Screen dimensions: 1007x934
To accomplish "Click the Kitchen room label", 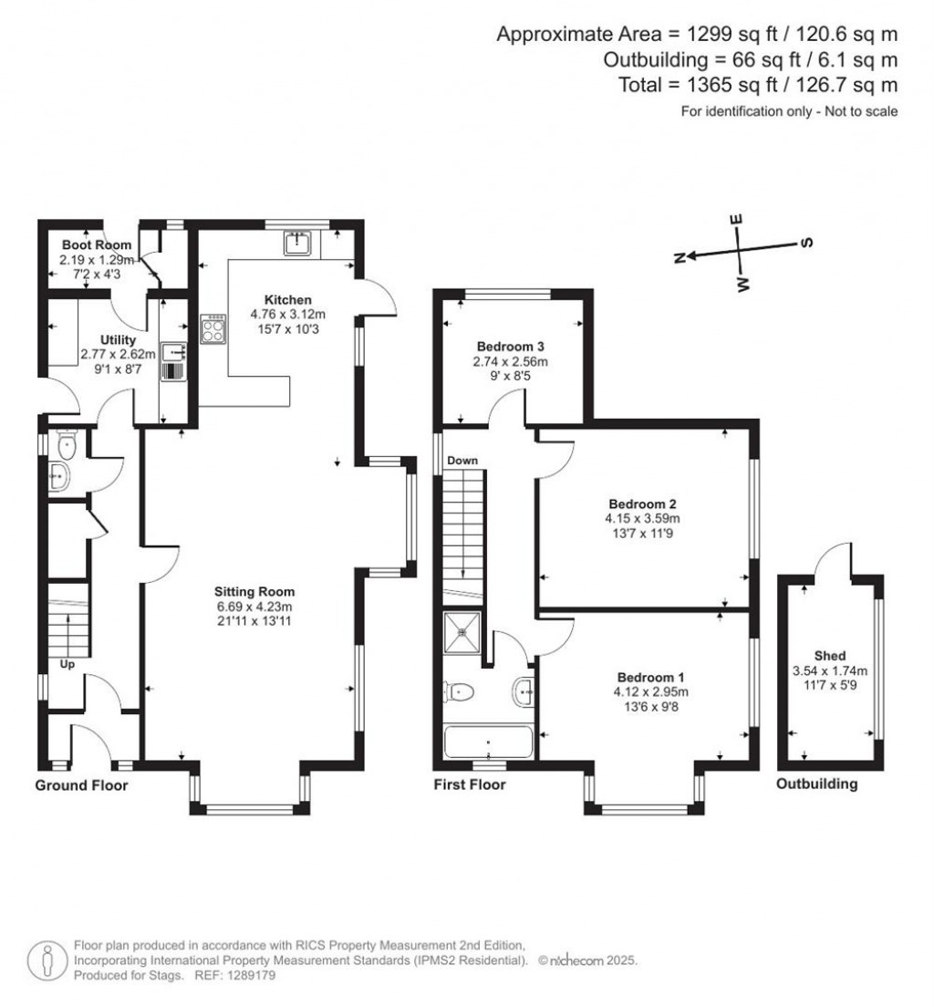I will (x=287, y=300).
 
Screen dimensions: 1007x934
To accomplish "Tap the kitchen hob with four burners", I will (x=213, y=330).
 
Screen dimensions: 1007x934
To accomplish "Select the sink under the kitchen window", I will (x=297, y=244).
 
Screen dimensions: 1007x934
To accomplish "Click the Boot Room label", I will (x=96, y=245).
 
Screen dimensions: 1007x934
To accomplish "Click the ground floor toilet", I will (x=66, y=446).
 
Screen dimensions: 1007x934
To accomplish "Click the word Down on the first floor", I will (x=462, y=462).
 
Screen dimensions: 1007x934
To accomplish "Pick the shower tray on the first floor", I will (x=465, y=633).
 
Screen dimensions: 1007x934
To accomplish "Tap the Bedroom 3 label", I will (x=511, y=347).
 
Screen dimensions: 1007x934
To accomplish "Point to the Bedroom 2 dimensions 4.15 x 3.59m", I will (x=643, y=518).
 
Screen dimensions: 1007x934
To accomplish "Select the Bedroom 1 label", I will (x=650, y=677).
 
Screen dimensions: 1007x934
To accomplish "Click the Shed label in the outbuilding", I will (x=830, y=656).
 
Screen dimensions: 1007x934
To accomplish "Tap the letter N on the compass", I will (x=679, y=259).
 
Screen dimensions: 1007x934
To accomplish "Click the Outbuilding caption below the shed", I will (x=816, y=784).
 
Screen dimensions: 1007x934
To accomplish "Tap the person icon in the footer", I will (x=47, y=960).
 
